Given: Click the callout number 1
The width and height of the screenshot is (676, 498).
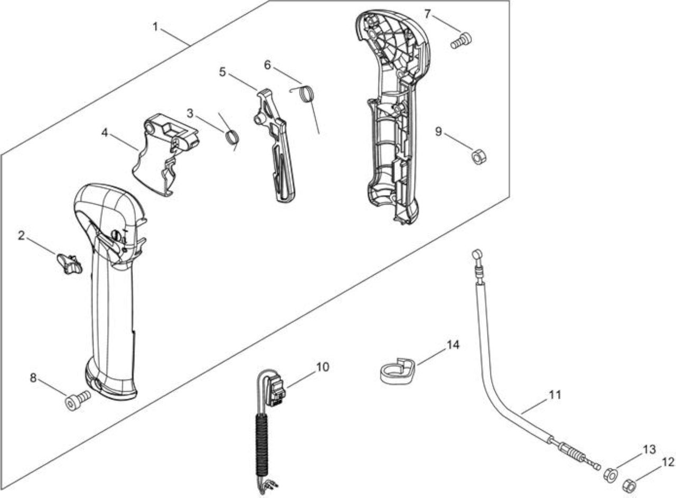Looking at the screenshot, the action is (155, 27).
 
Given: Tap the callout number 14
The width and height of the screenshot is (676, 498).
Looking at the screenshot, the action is (453, 345).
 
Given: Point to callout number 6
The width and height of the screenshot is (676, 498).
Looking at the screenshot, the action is (268, 65).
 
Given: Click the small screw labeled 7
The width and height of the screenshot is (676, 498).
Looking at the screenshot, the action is (461, 41).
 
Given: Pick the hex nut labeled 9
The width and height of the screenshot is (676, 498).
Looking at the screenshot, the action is (478, 157).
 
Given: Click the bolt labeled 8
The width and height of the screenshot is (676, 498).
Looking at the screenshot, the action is (77, 400).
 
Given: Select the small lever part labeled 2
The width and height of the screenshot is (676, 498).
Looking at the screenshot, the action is (69, 263).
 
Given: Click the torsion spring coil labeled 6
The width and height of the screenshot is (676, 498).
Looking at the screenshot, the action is (308, 94).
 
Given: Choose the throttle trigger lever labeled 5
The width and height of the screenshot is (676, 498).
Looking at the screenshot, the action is (275, 145).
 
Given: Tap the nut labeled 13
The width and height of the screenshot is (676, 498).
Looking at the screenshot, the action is (610, 476).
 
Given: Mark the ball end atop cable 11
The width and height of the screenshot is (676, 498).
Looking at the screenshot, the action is (477, 254).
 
